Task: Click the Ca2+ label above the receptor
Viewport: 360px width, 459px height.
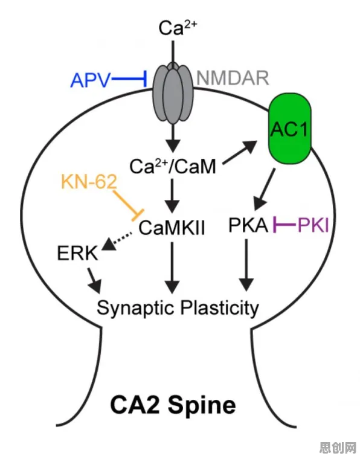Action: click(x=178, y=28)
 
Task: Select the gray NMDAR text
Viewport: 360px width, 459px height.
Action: click(x=233, y=78)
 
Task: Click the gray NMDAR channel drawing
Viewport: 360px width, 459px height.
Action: click(x=173, y=93)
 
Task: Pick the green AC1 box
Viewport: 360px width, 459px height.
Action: click(x=290, y=130)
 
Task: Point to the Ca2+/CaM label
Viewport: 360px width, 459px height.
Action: click(x=173, y=166)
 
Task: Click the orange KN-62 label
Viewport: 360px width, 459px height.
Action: click(x=89, y=182)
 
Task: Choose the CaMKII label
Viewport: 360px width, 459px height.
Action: click(x=172, y=228)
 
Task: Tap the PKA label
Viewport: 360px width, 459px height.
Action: click(x=248, y=225)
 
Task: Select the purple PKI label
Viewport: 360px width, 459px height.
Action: click(x=313, y=225)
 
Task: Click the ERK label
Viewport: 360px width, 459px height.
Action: click(x=77, y=253)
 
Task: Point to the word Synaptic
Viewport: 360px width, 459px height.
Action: click(x=136, y=309)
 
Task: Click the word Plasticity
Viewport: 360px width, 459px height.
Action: click(x=219, y=308)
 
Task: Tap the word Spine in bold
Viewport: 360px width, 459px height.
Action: click(x=202, y=405)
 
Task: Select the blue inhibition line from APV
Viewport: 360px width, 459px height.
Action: click(x=129, y=79)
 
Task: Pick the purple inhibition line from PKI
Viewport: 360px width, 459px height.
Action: click(x=285, y=225)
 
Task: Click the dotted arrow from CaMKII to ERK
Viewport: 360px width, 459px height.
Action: click(x=117, y=241)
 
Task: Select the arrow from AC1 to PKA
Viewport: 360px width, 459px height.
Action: click(x=265, y=189)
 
